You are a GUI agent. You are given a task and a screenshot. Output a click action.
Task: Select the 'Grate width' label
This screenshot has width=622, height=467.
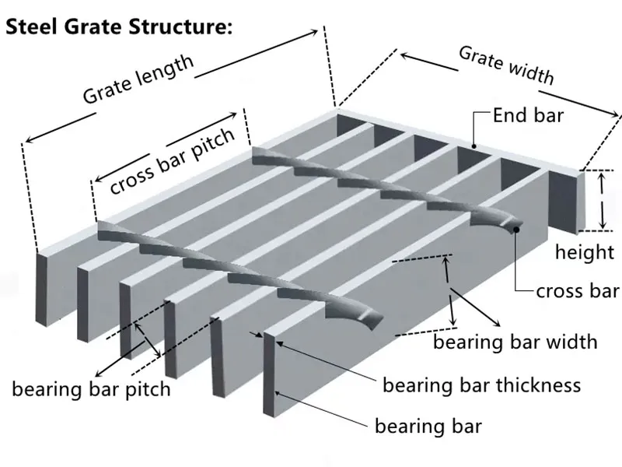tap(506, 65)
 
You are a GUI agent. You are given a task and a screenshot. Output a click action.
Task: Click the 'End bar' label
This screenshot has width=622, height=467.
tap(529, 117)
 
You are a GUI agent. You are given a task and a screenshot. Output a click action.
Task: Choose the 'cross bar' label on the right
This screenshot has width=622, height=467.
tap(577, 291)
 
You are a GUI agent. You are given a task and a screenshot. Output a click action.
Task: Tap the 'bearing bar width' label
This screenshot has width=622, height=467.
tap(515, 341)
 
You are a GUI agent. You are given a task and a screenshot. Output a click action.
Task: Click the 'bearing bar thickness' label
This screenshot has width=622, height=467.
tap(481, 384)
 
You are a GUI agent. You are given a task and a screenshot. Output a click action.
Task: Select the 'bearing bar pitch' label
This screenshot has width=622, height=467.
tap(90, 388)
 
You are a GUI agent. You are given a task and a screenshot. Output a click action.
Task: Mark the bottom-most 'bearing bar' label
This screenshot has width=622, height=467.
tap(428, 426)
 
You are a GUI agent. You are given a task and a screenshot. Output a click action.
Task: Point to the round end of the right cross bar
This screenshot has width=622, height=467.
tap(515, 226)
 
